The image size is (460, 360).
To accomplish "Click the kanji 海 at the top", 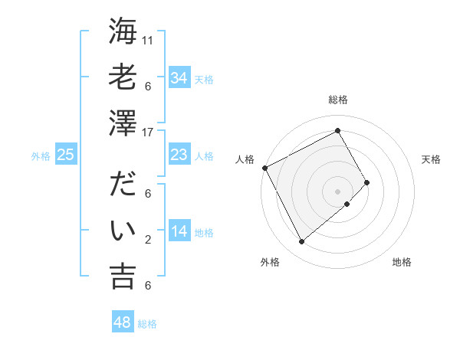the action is tap(122, 31).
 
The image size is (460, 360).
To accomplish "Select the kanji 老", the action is tap(122, 77).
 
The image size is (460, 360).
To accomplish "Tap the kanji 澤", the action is tap(122, 123).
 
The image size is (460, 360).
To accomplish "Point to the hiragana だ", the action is tap(122, 185).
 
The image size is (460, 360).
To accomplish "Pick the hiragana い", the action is tap(122, 231).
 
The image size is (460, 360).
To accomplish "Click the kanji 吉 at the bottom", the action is tap(122, 277).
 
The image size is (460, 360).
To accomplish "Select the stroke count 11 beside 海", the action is tap(149, 39).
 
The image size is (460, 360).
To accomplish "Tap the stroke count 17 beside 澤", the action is tap(149, 132).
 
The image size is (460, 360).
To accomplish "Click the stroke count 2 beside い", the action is tap(148, 240).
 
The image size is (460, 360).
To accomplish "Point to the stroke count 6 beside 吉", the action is tap(148, 286).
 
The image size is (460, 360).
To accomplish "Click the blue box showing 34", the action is tap(179, 77).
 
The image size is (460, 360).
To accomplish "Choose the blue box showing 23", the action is tap(179, 155).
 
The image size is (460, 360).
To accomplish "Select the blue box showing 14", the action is tap(179, 231).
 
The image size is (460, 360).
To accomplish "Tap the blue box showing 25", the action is tap(65, 155).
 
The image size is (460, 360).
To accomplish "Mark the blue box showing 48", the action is tap(123, 322).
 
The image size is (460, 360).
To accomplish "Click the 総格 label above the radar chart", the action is tap(337, 100).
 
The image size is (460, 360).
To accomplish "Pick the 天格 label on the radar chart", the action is tap(431, 159).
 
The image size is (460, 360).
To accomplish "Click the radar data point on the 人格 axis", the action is tap(264, 167).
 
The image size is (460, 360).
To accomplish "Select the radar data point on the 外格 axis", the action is tap(301, 241).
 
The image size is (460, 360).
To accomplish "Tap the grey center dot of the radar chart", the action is tap(337, 190).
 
